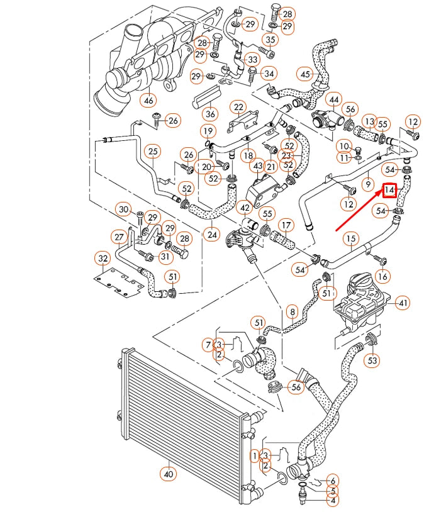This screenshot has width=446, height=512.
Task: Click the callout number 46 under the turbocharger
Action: coord(148,100)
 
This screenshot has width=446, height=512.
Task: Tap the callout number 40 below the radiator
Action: coord(168,474)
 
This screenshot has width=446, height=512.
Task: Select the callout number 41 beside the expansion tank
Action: coord(403,304)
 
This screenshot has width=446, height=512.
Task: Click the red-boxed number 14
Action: coord(389,189)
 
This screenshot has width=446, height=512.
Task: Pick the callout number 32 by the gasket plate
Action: coord(102,258)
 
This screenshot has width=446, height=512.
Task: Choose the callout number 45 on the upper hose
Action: coord(306,74)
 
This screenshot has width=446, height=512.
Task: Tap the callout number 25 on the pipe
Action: coord(152,151)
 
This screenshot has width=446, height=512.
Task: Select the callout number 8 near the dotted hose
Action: coord(291,311)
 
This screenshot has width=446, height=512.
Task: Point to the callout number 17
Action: coord(286,225)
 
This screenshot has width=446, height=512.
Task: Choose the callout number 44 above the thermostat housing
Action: coord(333,99)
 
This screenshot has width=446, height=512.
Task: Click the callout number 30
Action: coord(124,209)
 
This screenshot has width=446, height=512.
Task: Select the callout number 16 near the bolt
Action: coord(382,275)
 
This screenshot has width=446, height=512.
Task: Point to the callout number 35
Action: coord(270,40)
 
